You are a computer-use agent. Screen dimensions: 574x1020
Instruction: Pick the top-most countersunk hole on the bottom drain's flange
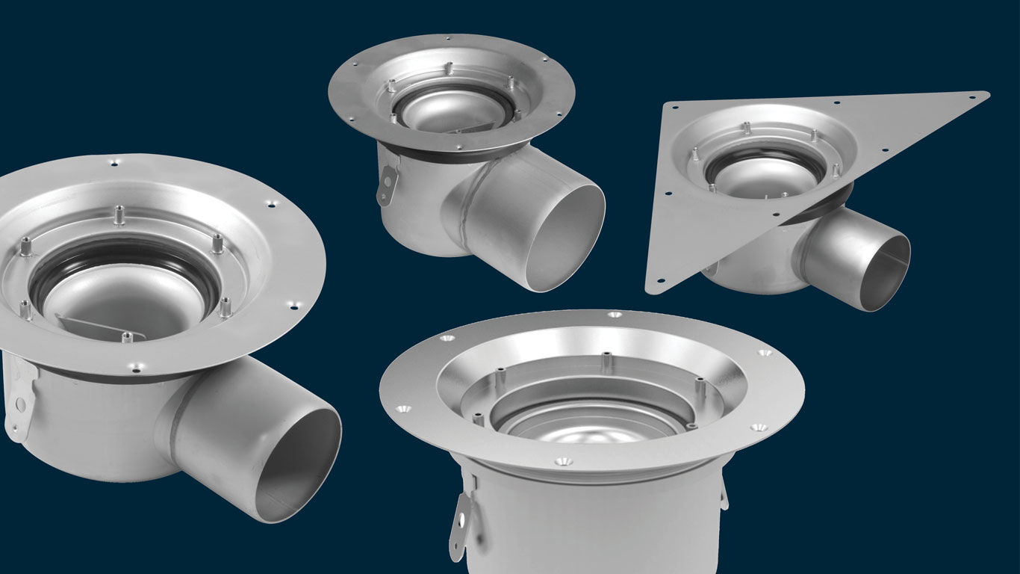pos(614,315)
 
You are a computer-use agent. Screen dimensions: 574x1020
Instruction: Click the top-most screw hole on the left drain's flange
pos(113,161)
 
